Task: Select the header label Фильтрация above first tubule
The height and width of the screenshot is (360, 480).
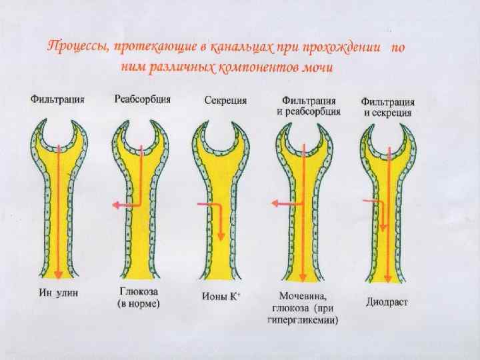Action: (57, 100)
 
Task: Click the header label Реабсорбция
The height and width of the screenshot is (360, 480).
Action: (142, 99)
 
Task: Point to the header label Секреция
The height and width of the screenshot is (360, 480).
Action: (225, 100)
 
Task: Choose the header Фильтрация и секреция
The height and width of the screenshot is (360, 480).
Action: (388, 107)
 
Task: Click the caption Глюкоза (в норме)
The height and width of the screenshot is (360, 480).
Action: (140, 297)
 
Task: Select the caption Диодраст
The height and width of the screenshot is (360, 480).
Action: (387, 301)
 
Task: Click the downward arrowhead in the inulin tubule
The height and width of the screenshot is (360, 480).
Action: (59, 275)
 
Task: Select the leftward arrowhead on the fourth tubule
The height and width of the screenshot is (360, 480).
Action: (272, 203)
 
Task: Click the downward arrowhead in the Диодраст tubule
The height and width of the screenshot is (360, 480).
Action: (383, 229)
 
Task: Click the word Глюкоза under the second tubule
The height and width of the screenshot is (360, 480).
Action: (138, 291)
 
